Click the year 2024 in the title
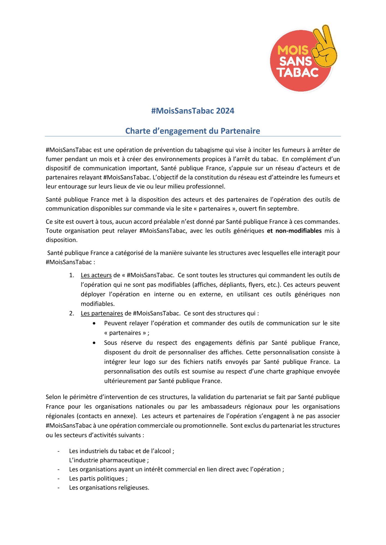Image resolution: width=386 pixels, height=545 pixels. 225,111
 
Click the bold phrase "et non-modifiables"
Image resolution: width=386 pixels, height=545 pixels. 294,231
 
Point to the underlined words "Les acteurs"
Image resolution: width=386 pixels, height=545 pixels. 96,275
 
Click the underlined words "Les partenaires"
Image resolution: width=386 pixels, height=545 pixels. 102,313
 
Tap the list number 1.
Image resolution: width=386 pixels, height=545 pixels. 71,275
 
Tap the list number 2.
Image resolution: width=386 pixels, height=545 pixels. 71,313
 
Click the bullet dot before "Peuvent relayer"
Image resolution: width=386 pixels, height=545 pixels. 94,323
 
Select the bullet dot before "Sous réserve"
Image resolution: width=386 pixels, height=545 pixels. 94,343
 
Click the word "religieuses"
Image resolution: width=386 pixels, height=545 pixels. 133,488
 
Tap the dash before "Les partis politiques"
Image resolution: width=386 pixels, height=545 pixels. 58,479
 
